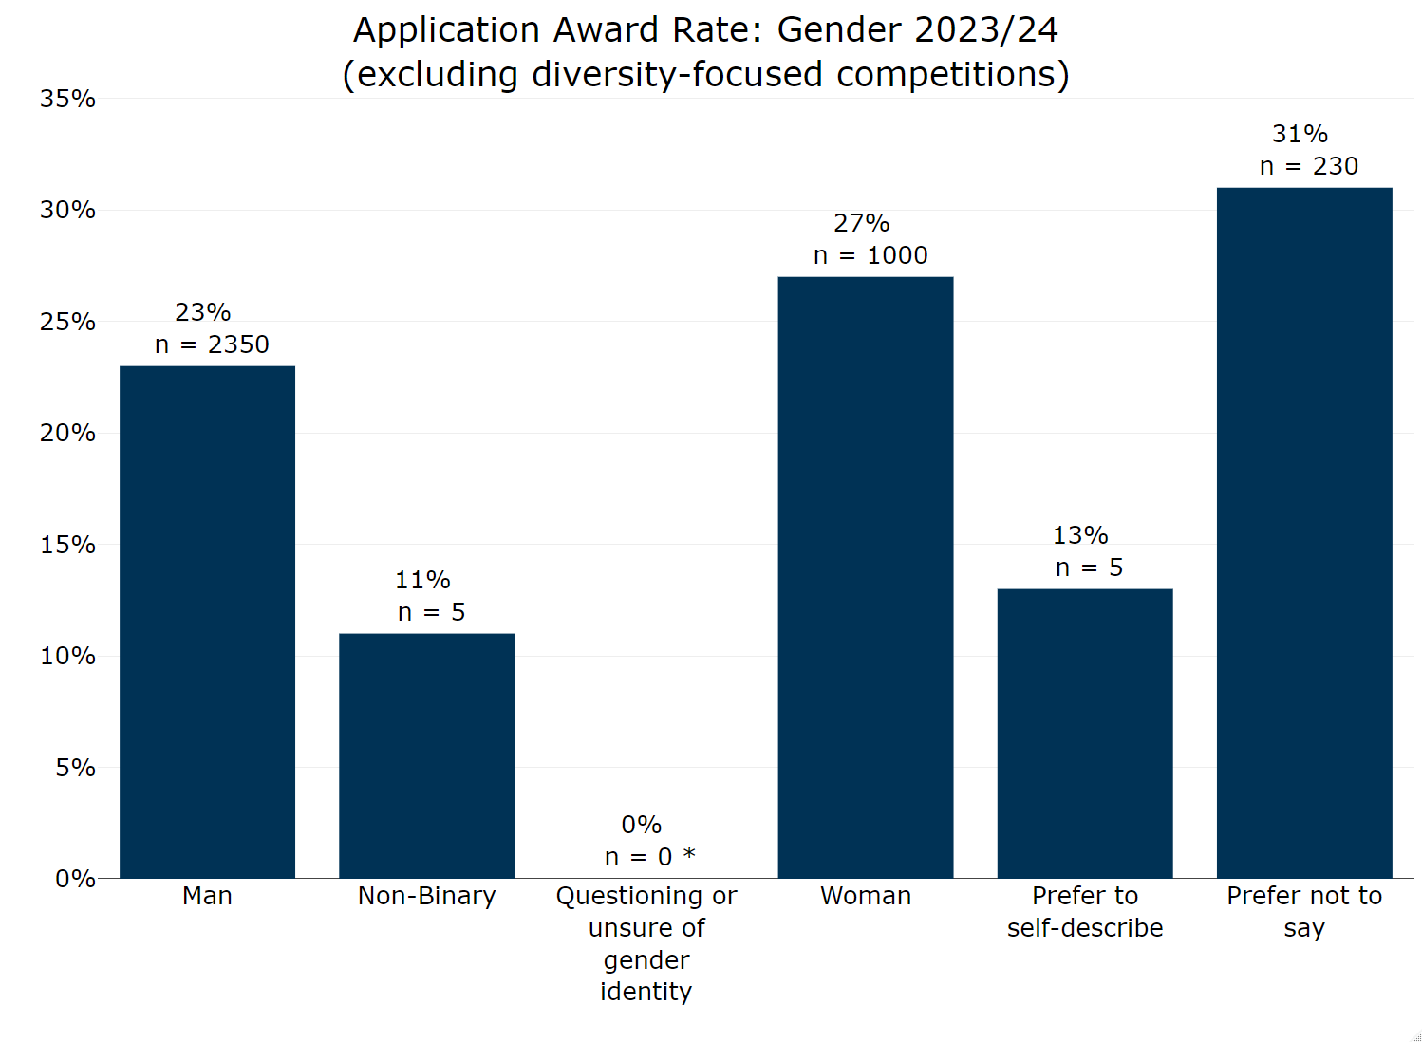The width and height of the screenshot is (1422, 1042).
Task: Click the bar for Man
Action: [207, 622]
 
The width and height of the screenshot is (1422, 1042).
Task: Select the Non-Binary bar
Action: [426, 755]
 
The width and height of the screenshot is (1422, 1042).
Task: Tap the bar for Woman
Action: [865, 577]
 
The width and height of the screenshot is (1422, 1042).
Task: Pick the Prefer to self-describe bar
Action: [1084, 733]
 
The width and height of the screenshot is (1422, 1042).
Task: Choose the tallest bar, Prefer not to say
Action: [1303, 532]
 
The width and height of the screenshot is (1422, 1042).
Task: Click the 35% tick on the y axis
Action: [67, 99]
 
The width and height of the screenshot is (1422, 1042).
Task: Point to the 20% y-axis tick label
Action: [67, 433]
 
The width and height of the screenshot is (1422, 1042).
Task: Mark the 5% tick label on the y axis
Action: [74, 767]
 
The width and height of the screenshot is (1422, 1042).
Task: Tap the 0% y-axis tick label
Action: [74, 879]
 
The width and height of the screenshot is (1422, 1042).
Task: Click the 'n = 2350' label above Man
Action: [212, 344]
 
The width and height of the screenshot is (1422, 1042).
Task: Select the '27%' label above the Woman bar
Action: [861, 223]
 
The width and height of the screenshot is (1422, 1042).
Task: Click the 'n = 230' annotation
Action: [1308, 166]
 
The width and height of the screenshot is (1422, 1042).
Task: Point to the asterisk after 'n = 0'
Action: [689, 854]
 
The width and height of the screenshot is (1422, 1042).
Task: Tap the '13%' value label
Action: [1080, 535]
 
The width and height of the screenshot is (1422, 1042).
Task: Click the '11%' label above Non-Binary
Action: [422, 580]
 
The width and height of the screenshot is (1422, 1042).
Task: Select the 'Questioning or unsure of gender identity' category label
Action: [646, 943]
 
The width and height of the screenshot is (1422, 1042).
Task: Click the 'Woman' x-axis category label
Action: [865, 896]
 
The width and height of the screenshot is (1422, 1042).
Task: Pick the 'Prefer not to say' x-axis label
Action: [1303, 911]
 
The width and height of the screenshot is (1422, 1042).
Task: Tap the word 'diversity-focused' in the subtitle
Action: [676, 75]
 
